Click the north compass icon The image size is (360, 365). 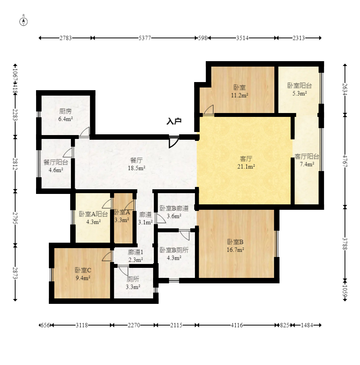tap(24, 21)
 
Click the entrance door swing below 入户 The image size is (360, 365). tap(173, 142)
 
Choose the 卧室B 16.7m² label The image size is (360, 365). tap(235, 246)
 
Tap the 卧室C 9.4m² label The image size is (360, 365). tap(83, 274)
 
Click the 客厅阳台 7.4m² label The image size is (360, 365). tap(307, 160)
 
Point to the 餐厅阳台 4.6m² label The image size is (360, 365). tap(56, 166)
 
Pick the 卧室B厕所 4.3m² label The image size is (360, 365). tap(174, 254)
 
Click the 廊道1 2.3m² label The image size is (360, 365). tap(136, 256)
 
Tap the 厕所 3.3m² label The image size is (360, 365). tap(133, 283)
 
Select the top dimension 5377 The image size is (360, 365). tap(145, 38)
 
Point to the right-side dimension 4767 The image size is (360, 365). tap(344, 161)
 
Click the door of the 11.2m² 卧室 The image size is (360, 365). tap(208, 111)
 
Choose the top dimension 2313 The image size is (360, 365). tap(298, 38)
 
